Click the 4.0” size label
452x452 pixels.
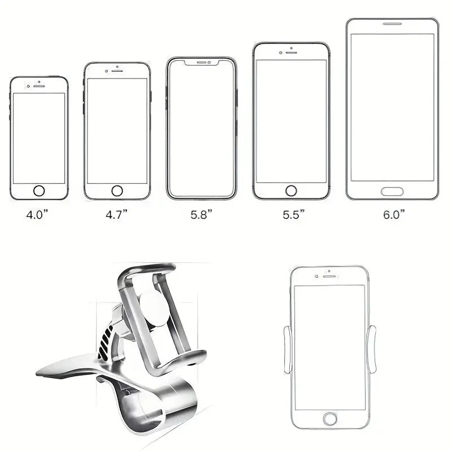coord(37,215)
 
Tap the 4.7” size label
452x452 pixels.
coord(116,215)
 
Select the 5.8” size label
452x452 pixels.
coord(201,215)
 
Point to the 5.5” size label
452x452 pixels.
coord(293,215)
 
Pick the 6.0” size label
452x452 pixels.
coord(394,215)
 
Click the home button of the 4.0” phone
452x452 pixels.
coord(39,191)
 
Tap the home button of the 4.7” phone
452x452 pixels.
coord(117,191)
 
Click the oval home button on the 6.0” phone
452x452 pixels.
coord(392,192)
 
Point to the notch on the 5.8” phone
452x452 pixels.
coord(202,62)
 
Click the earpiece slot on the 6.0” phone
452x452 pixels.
coord(392,24)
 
